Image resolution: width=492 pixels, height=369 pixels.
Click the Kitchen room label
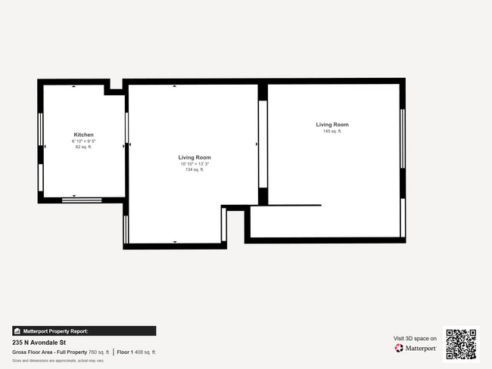(x=83, y=135)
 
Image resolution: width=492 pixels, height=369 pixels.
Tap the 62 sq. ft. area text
(x=83, y=147)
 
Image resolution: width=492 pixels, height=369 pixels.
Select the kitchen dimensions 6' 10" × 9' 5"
(x=83, y=141)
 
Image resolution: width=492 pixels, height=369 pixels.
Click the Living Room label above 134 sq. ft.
(x=195, y=157)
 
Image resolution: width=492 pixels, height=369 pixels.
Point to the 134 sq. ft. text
(x=195, y=170)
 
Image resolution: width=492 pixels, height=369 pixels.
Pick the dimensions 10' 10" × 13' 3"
(x=195, y=164)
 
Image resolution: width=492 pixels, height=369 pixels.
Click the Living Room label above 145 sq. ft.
(x=332, y=125)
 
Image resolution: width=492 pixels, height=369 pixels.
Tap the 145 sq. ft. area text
(x=332, y=132)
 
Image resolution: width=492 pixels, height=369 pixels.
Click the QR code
(x=461, y=344)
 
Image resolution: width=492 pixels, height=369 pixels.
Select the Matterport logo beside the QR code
(x=416, y=349)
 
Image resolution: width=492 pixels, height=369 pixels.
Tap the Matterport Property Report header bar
(x=84, y=331)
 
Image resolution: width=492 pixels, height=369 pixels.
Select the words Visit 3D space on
(x=415, y=339)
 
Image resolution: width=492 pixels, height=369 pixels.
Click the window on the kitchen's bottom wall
(x=81, y=200)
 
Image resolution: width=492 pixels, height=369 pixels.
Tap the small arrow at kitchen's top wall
(x=73, y=86)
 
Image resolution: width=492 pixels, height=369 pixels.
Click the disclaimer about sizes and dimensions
(x=58, y=361)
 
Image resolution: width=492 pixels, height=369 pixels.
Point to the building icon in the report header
(x=17, y=331)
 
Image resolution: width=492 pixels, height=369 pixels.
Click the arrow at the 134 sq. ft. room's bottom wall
(x=175, y=242)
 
